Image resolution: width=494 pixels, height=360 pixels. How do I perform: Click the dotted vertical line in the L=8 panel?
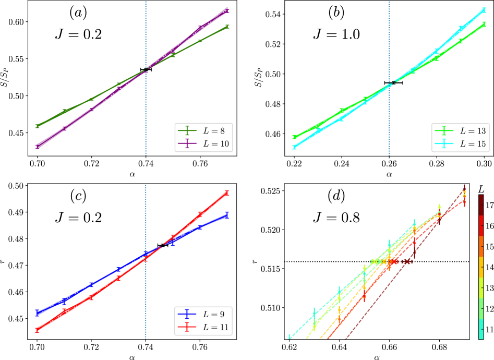(146, 31)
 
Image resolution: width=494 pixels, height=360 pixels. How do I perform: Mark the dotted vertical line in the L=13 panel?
(389, 31)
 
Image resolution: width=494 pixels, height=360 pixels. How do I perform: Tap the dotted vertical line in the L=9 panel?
(146, 209)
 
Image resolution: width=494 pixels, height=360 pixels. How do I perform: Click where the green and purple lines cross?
(146, 69)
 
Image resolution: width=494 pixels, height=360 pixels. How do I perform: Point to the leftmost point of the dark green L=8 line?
(38, 126)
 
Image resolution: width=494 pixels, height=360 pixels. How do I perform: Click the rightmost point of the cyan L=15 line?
(484, 9)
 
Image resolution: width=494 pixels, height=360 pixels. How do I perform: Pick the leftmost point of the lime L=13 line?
(294, 137)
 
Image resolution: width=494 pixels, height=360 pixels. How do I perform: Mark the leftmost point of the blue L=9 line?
(38, 313)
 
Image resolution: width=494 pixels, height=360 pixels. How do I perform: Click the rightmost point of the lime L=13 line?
(484, 23)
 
